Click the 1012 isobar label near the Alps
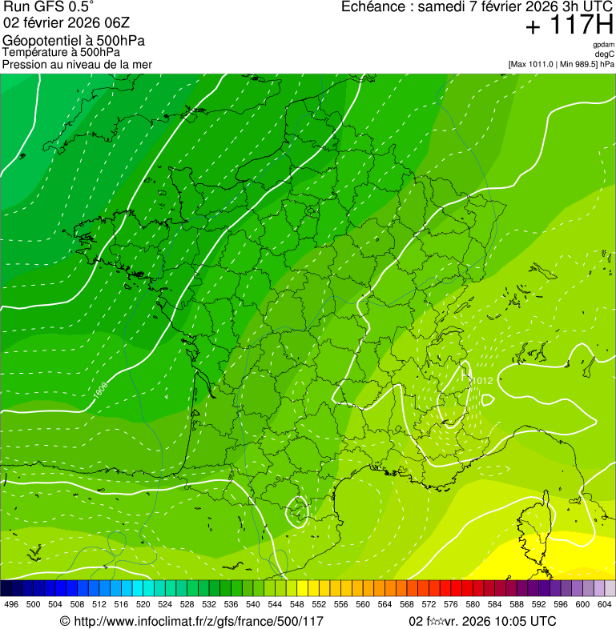482,380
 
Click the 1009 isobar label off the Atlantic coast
101,390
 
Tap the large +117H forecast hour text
568,26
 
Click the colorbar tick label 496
11,604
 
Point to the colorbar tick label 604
604,604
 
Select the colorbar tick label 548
296,604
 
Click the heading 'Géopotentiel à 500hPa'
74,41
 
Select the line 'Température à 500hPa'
61,53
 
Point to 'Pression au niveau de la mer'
77,64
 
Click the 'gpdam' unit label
603,45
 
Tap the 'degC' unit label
605,54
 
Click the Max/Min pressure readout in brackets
561,64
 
